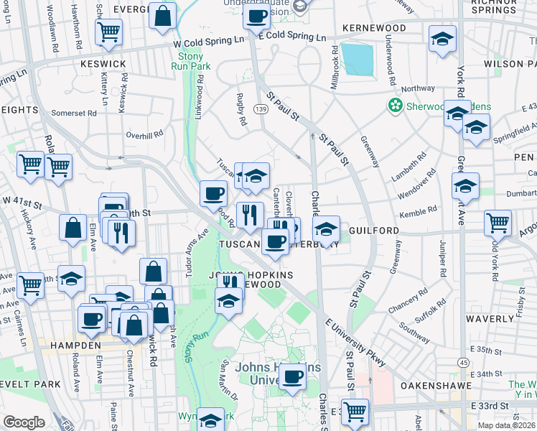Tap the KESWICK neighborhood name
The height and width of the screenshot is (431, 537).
pos(103,64)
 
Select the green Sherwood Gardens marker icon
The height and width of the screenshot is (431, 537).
pos(394,106)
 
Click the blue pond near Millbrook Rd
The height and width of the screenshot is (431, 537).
pos(357,59)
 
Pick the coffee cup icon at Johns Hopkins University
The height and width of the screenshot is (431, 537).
pos(291,376)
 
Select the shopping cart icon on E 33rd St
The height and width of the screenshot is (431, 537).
pos(354,411)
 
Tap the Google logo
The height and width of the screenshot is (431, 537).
pos(24,422)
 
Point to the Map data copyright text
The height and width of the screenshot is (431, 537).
pos(506,425)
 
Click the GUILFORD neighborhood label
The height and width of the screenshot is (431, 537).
pos(374,231)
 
